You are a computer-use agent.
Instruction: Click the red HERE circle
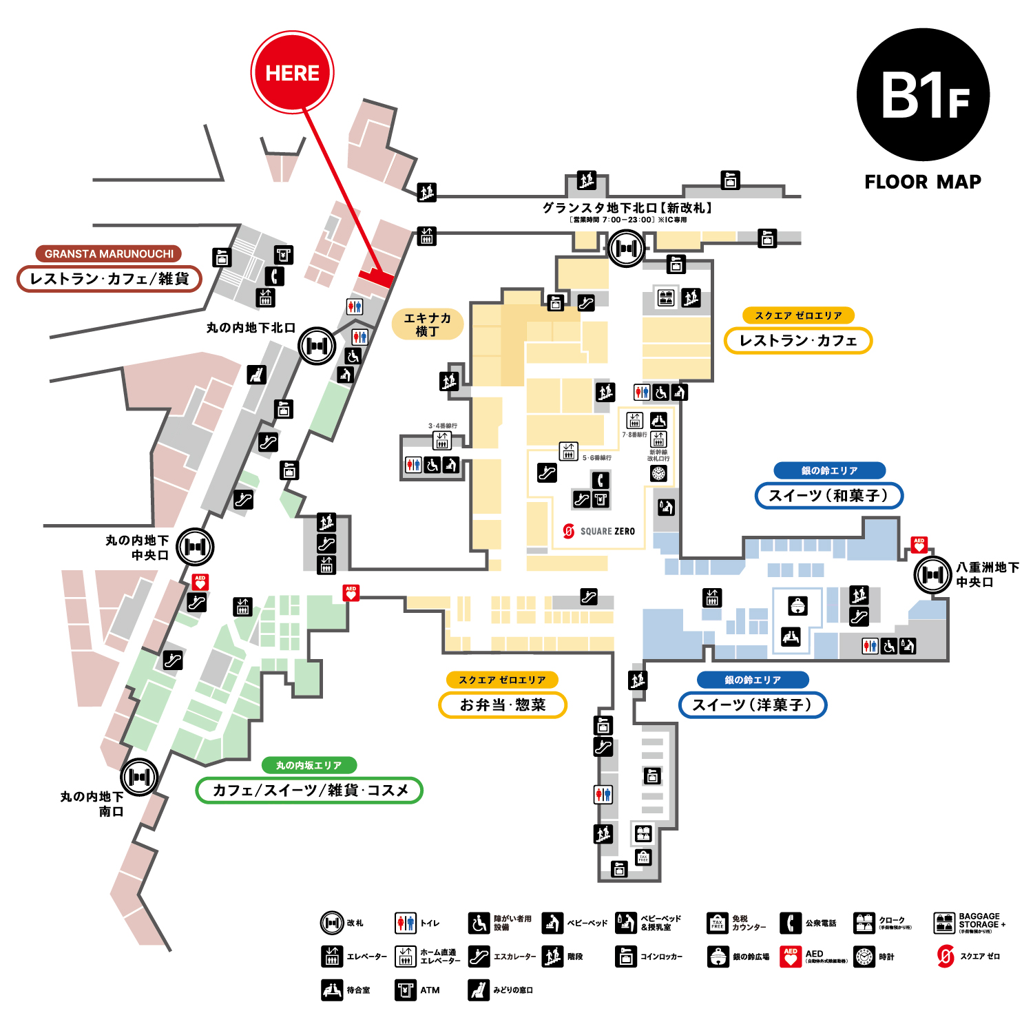292,72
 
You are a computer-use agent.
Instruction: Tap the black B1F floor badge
923,95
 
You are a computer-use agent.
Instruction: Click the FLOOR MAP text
923,182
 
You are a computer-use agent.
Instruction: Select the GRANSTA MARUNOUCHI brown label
109,253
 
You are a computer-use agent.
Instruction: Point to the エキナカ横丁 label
427,324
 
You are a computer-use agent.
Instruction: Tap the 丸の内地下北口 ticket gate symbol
317,346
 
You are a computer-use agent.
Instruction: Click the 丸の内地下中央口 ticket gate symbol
196,547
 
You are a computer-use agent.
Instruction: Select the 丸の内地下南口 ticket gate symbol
140,777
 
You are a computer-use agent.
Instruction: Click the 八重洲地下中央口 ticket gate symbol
933,574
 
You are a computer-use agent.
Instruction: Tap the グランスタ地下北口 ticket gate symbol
627,248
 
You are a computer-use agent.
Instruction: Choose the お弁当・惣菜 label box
503,705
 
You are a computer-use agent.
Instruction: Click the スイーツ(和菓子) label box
828,495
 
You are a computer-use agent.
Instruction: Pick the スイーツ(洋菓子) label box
752,705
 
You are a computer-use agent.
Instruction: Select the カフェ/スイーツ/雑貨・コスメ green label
309,790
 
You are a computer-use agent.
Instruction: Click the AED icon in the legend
791,957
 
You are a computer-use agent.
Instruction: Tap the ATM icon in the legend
406,990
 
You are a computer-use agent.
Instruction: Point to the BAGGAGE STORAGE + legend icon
944,923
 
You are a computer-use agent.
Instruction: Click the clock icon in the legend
864,957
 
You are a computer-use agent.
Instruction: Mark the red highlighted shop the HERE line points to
375,278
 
